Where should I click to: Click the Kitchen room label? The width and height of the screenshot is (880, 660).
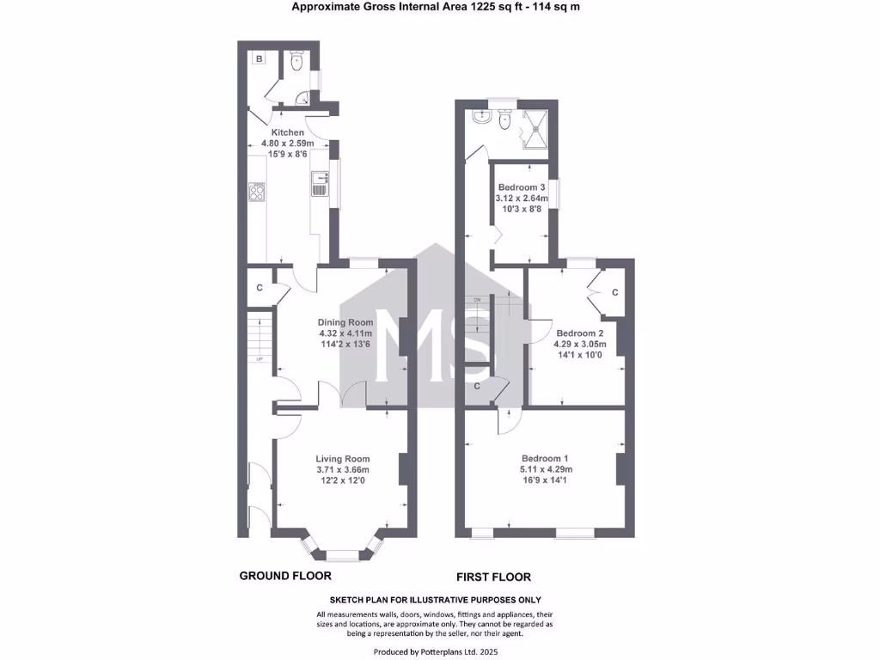pyautogui.click(x=288, y=132)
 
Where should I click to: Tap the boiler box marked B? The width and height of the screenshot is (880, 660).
pyautogui.click(x=259, y=58)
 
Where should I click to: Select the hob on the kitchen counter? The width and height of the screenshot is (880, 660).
pyautogui.click(x=256, y=191)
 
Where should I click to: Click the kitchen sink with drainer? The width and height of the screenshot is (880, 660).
pyautogui.click(x=320, y=183)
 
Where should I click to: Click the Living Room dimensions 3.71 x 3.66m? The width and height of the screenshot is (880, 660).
pyautogui.click(x=342, y=470)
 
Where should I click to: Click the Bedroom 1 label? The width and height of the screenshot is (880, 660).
pyautogui.click(x=545, y=458)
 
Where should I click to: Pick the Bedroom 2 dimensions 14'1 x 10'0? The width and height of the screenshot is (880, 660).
pyautogui.click(x=580, y=356)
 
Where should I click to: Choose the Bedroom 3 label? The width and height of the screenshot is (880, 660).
pyautogui.click(x=522, y=187)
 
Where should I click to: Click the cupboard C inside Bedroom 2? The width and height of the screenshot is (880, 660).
pyautogui.click(x=614, y=292)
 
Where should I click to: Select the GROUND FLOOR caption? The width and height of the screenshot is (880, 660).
pyautogui.click(x=284, y=576)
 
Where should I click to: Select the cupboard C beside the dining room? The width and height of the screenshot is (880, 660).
pyautogui.click(x=259, y=288)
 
